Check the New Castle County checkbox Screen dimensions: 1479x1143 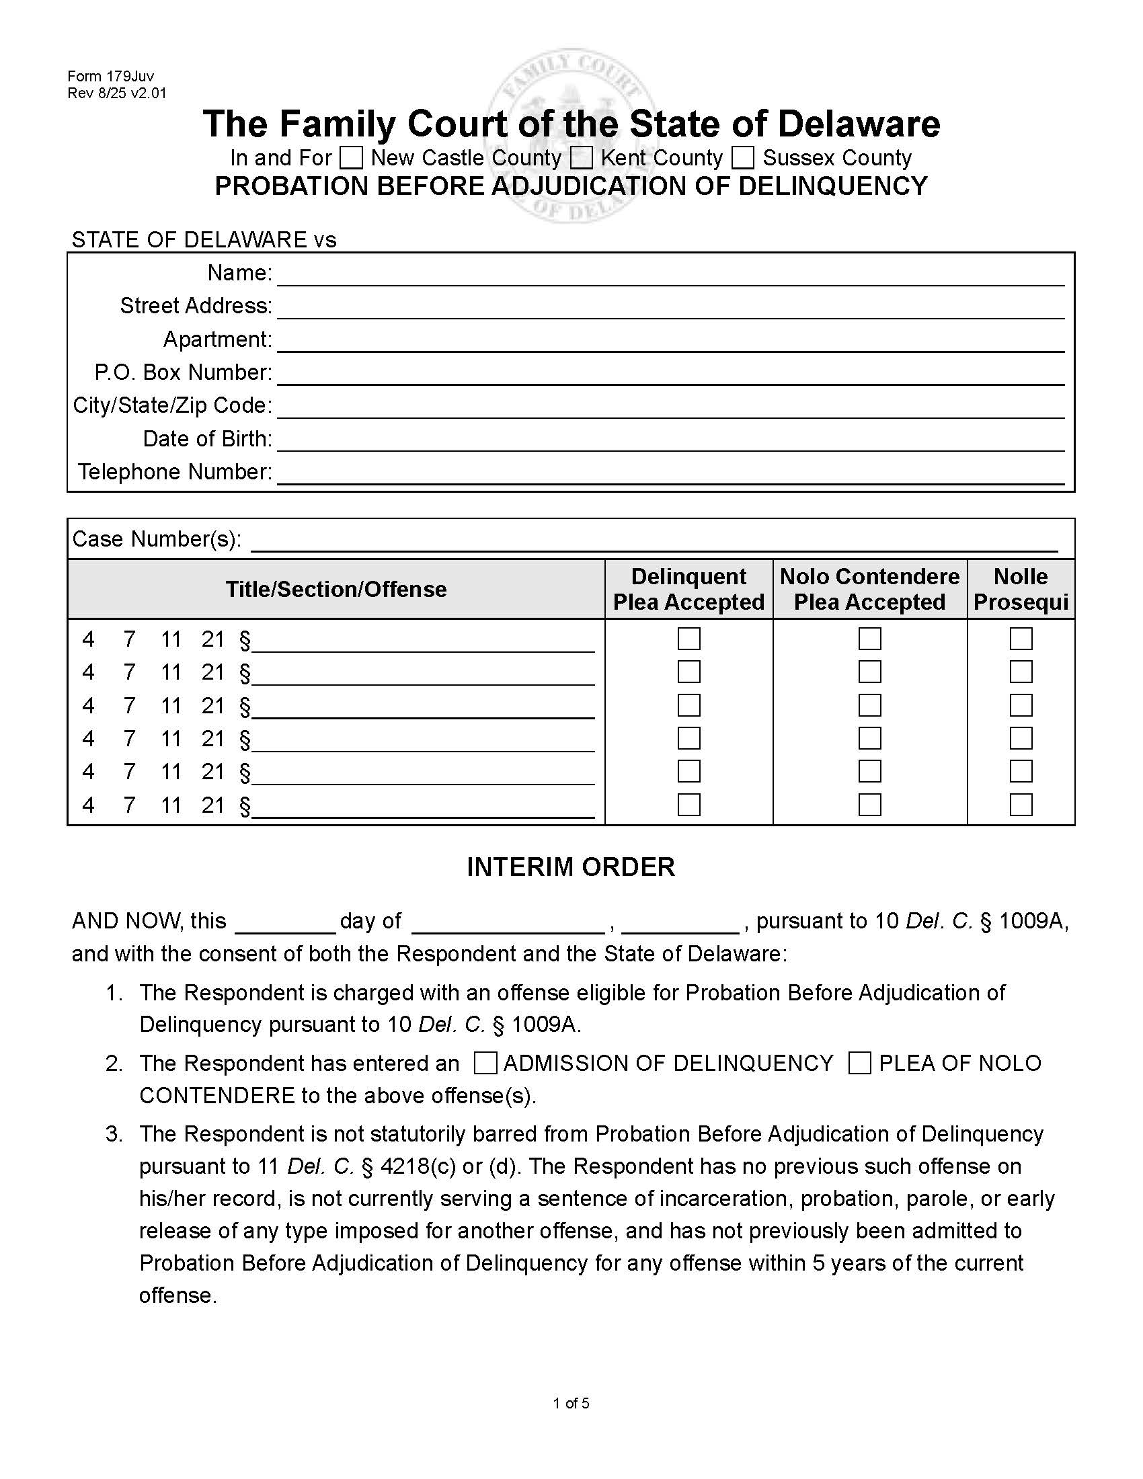[351, 158]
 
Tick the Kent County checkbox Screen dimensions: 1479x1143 [581, 158]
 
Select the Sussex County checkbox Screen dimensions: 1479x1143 [743, 158]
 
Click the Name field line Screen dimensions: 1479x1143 [670, 274]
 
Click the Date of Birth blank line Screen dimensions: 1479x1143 [670, 440]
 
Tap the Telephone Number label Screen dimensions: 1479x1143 [175, 472]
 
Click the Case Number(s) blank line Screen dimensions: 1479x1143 [654, 541]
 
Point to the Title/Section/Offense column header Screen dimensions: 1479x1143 [336, 589]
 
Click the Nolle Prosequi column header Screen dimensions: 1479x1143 [1021, 589]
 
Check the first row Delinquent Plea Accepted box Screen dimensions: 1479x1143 [688, 639]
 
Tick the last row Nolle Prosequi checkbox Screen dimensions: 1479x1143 [1021, 805]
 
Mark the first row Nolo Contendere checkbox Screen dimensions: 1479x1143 [869, 639]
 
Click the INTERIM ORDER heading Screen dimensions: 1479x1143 [571, 867]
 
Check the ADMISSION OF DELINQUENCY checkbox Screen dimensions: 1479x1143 [485, 1064]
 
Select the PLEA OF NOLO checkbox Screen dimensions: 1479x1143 [859, 1064]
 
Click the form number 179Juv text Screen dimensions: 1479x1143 [110, 77]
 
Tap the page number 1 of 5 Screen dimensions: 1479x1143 [571, 1403]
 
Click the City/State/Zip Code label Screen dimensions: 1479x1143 [172, 405]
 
